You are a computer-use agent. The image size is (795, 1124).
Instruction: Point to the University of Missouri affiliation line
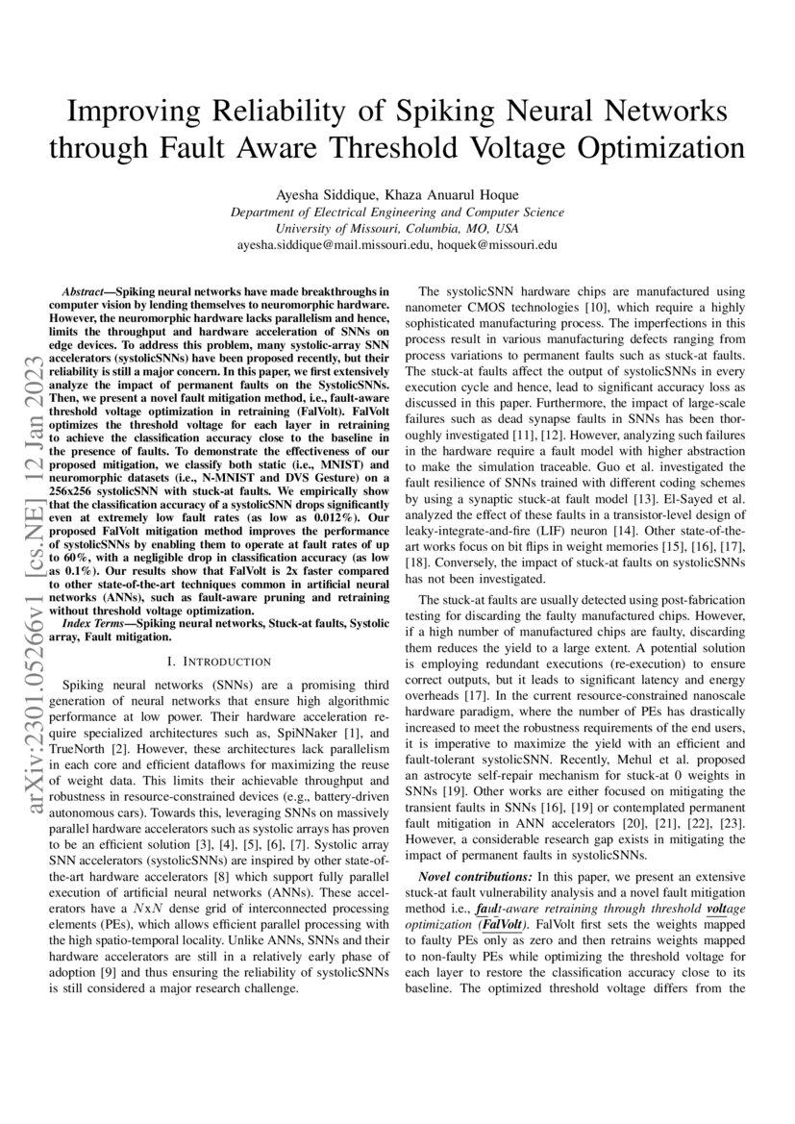pos(397,229)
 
